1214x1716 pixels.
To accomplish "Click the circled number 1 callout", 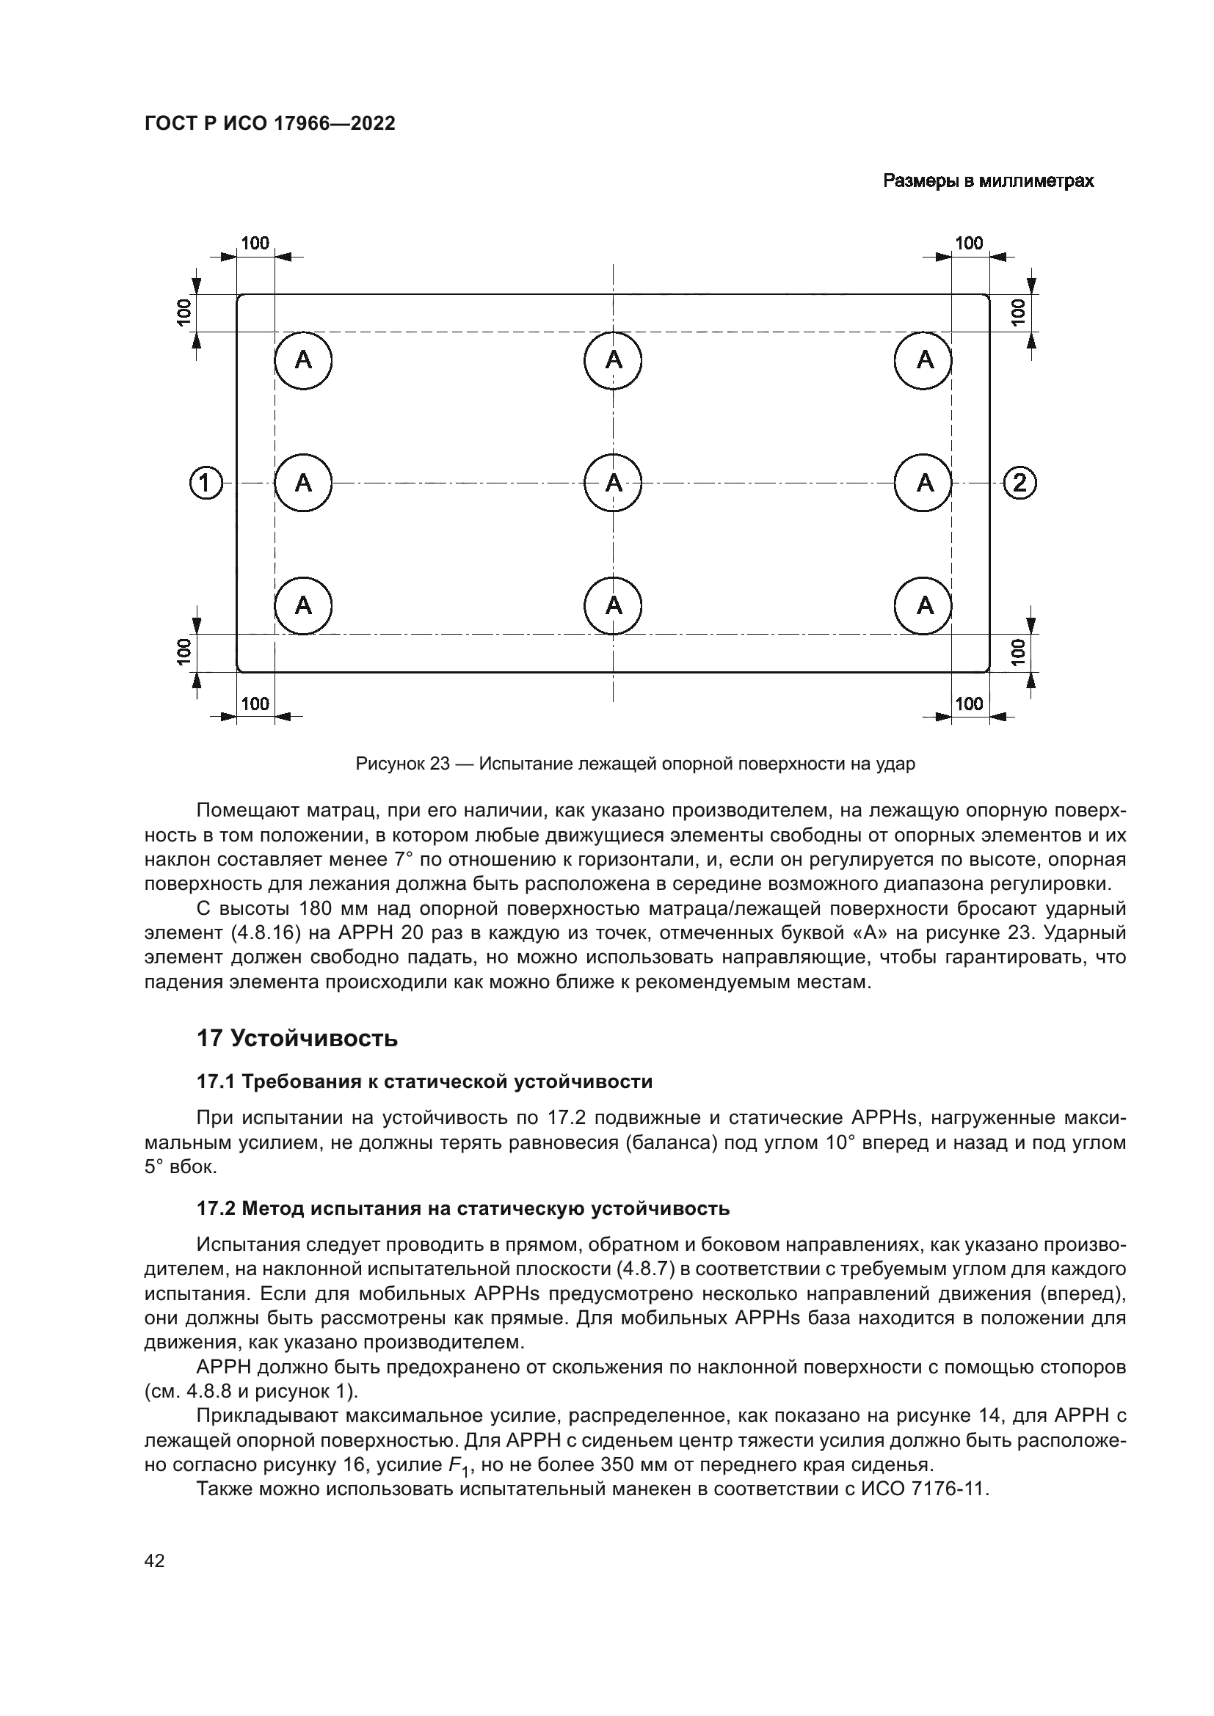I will click(x=206, y=483).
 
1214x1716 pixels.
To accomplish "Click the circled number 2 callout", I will click(x=1019, y=483).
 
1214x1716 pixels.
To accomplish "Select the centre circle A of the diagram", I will click(x=613, y=483).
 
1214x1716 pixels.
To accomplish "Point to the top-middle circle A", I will click(x=613, y=360).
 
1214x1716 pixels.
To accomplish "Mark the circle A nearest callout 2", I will click(x=925, y=483).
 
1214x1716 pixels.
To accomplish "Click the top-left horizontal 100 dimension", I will click(x=255, y=243).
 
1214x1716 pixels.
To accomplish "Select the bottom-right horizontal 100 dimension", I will click(x=970, y=704).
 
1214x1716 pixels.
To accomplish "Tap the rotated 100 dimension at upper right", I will click(x=1017, y=313).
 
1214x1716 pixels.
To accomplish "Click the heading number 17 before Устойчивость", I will click(x=209, y=1039).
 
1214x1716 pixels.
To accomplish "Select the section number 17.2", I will click(x=217, y=1208).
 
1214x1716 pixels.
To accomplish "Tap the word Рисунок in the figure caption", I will click(x=389, y=764).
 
